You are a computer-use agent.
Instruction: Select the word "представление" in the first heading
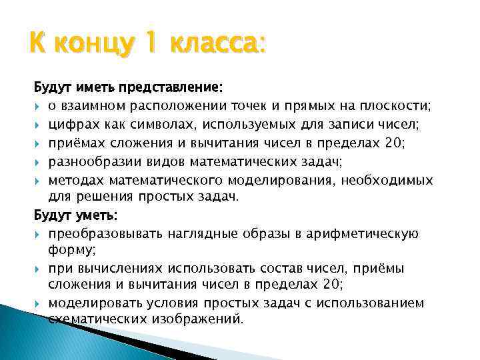click(175, 88)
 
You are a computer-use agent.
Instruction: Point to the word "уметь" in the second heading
click(96, 216)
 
